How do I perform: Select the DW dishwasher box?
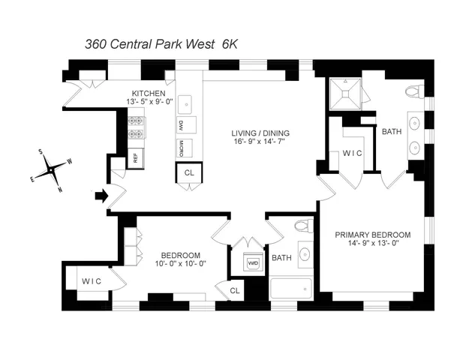tap(182, 125)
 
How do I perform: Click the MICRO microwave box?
tap(182, 146)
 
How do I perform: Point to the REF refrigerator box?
tap(135, 157)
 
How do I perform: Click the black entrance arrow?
tap(101, 196)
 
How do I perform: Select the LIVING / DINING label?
tap(260, 134)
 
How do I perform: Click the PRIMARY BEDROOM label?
tap(373, 233)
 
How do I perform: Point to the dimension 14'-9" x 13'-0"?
tap(373, 243)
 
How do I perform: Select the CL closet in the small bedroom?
tap(234, 289)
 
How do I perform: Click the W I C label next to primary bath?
tap(352, 154)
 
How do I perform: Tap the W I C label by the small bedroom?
tap(92, 281)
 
